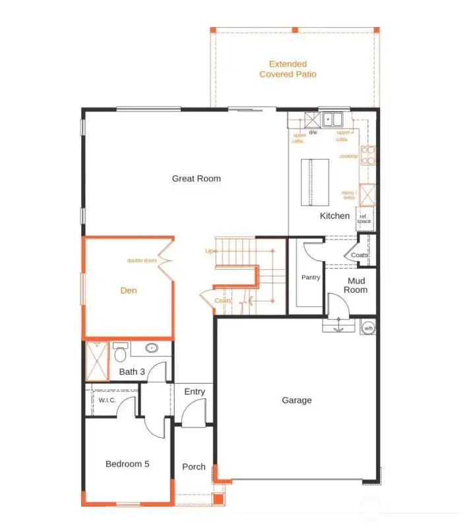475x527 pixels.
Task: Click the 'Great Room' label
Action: click(196, 178)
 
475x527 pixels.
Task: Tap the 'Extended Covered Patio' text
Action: click(288, 69)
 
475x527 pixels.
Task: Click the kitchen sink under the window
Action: click(333, 119)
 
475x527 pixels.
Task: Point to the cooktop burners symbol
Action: click(368, 155)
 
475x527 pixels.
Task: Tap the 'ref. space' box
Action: click(364, 218)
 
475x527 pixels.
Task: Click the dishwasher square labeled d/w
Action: click(312, 120)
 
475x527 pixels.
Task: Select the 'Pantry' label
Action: click(311, 278)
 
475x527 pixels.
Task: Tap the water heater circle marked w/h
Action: click(367, 327)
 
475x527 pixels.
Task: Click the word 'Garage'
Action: click(296, 400)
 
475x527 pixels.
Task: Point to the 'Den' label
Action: click(129, 290)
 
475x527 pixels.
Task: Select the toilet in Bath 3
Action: click(120, 352)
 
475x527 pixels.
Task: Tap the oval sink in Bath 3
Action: click(152, 348)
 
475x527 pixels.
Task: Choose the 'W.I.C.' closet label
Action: click(107, 400)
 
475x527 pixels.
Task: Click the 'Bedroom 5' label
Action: click(127, 464)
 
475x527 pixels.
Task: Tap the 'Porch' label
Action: click(193, 466)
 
